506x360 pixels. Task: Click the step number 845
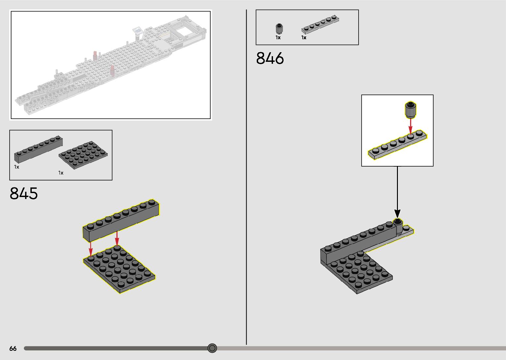(24, 193)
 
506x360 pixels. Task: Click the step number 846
(270, 58)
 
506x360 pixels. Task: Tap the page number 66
(13, 348)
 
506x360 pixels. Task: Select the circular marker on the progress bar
(212, 348)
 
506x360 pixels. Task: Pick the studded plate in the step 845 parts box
(83, 155)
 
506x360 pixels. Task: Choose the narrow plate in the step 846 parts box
(320, 24)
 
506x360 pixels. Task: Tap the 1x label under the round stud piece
(278, 37)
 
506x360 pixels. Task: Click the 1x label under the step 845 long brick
(17, 167)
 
